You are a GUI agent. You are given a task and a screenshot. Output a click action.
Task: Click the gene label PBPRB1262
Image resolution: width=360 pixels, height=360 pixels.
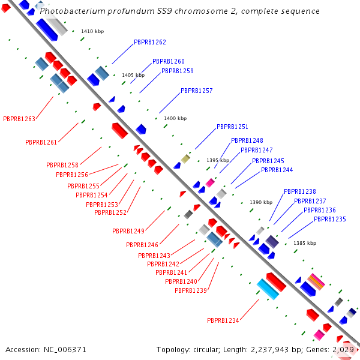(150, 42)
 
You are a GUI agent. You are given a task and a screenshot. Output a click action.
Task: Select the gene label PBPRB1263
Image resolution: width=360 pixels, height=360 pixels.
(19, 119)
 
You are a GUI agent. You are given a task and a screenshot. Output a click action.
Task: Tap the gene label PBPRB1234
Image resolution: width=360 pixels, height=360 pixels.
(223, 320)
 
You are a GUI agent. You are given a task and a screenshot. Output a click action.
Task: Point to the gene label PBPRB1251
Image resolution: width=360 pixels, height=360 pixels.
(232, 127)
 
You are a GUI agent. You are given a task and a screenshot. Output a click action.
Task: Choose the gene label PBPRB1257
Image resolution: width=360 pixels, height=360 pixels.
(197, 91)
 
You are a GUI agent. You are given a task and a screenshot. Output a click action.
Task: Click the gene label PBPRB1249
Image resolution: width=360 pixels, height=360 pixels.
(128, 231)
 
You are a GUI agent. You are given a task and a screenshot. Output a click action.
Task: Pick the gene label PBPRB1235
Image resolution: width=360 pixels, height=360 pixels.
(330, 219)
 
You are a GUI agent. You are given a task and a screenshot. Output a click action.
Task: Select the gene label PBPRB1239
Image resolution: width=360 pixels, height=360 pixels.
(191, 290)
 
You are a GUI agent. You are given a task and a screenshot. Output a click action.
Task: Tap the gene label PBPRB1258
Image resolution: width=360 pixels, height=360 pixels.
(62, 165)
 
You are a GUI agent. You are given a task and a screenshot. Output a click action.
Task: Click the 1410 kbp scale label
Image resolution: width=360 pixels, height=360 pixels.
(92, 31)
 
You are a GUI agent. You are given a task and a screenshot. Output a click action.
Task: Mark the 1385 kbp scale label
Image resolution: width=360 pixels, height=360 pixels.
(304, 243)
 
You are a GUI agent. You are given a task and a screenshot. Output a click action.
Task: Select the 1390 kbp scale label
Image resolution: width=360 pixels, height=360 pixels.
(261, 202)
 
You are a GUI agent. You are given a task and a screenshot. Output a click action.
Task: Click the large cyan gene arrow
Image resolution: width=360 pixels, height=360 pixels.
(268, 289)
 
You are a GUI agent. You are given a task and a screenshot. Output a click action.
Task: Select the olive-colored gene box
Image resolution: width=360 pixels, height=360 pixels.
(186, 158)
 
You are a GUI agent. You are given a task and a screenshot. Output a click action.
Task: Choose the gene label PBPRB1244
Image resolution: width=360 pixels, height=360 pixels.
(277, 170)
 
